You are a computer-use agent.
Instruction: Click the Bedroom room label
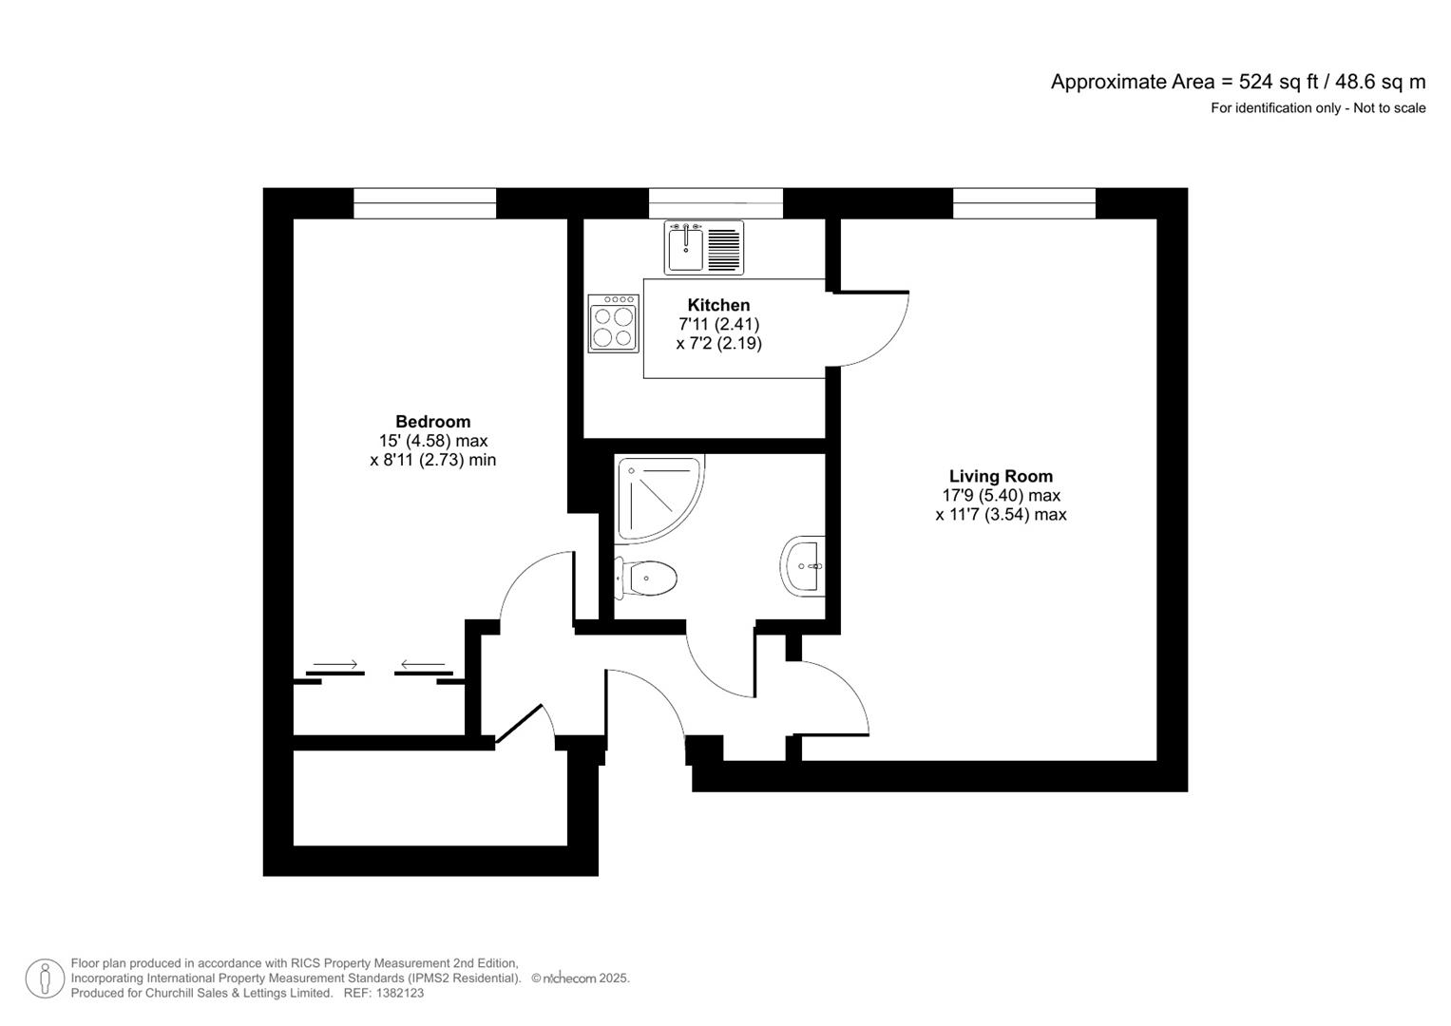click(x=432, y=422)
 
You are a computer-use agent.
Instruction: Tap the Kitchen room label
click(x=718, y=305)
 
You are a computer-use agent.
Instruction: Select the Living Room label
click(x=1001, y=477)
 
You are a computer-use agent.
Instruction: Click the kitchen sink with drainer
click(x=703, y=247)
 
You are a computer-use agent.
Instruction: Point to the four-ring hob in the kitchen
click(x=614, y=324)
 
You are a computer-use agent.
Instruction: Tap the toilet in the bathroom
click(x=646, y=578)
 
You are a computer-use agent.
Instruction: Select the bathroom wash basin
click(x=803, y=565)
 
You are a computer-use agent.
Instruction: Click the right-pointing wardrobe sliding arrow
click(x=335, y=664)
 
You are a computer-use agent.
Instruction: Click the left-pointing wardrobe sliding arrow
click(x=423, y=664)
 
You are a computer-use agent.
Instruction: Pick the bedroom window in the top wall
click(x=425, y=203)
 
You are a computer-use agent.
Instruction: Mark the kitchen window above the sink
click(x=716, y=203)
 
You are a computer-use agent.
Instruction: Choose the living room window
click(x=1024, y=203)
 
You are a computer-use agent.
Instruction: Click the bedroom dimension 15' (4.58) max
click(x=432, y=441)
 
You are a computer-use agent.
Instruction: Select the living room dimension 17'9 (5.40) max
click(x=1001, y=496)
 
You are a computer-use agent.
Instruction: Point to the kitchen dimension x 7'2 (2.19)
click(x=718, y=343)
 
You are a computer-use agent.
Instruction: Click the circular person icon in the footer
click(x=45, y=978)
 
